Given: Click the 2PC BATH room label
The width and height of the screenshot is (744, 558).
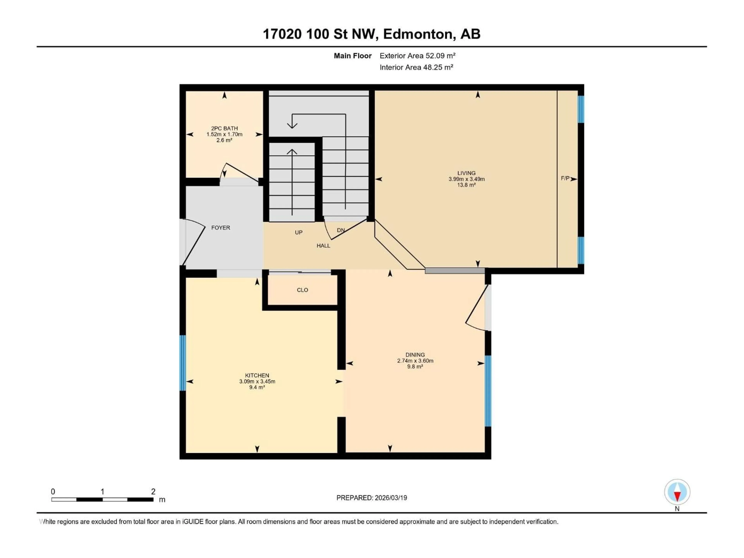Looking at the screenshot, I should click(224, 128).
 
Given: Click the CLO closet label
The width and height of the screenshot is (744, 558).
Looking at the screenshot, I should click(302, 290).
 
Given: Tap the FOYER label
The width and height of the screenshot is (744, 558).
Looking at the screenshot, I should click(221, 228).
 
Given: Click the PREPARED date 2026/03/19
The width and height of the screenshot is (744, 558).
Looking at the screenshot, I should click(390, 498).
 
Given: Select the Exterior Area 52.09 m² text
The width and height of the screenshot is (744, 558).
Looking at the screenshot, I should click(417, 56).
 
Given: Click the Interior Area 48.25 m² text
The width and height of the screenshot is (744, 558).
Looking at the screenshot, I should click(416, 67).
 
